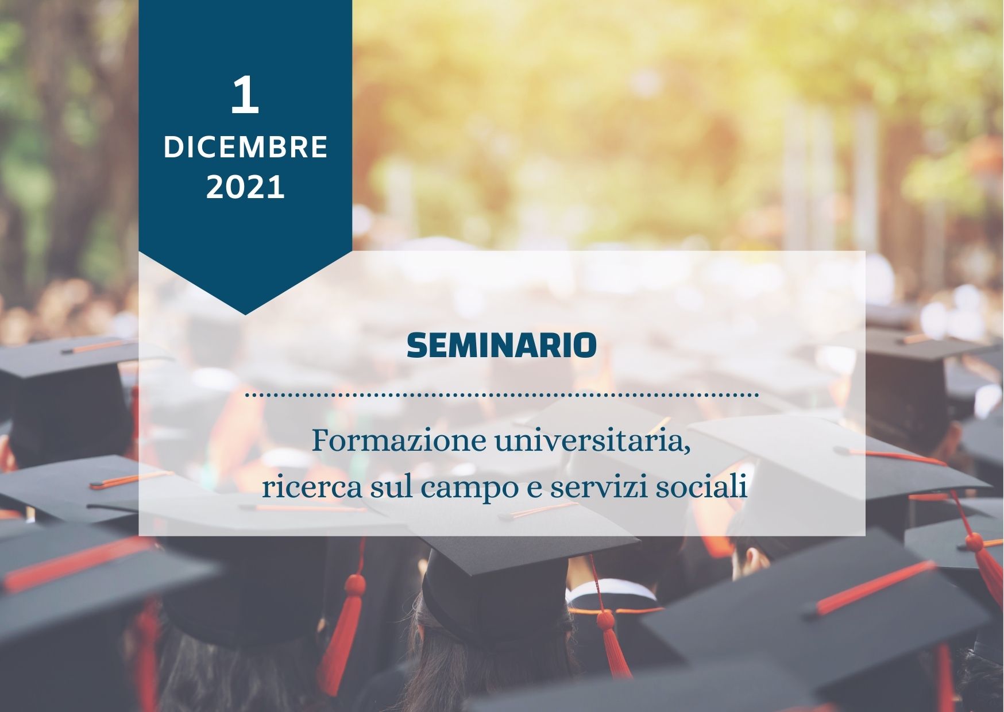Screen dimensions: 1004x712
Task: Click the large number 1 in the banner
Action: tap(245, 95)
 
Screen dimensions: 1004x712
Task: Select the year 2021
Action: tap(245, 188)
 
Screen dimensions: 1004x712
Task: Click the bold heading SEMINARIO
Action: tap(501, 345)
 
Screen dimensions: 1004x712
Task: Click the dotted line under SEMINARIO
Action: tap(501, 396)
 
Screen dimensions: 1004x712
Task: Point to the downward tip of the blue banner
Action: tap(245, 315)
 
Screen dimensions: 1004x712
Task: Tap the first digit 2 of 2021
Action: tap(215, 188)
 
